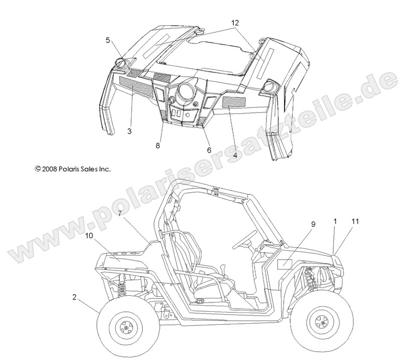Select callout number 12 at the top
pos(235,23)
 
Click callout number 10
pos(90,236)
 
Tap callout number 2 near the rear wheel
pos(75,297)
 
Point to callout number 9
pos(298,225)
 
